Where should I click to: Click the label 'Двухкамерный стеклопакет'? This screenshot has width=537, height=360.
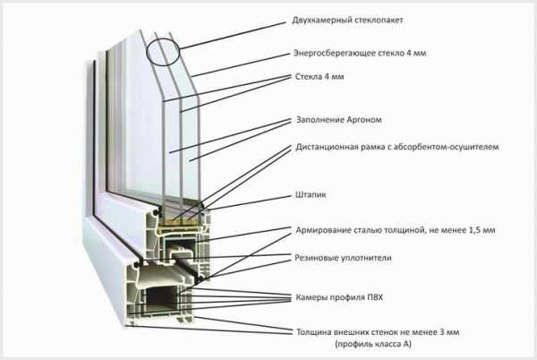[347, 21]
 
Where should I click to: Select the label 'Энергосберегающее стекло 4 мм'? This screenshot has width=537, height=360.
[360, 53]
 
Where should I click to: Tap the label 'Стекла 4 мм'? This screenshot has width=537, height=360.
[320, 76]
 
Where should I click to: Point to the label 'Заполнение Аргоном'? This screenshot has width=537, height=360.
[338, 119]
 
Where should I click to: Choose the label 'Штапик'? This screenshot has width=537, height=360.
[311, 195]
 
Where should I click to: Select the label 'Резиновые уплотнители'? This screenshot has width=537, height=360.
[343, 258]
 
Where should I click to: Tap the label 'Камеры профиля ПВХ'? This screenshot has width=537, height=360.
[339, 297]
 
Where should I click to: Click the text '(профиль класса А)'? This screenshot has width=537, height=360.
[373, 344]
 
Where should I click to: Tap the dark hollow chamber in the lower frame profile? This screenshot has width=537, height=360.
[160, 296]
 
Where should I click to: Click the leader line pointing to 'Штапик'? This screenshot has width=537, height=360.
[248, 202]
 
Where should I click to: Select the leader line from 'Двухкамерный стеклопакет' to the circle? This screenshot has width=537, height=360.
[233, 36]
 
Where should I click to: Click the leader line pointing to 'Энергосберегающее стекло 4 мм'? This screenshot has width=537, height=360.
[241, 64]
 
